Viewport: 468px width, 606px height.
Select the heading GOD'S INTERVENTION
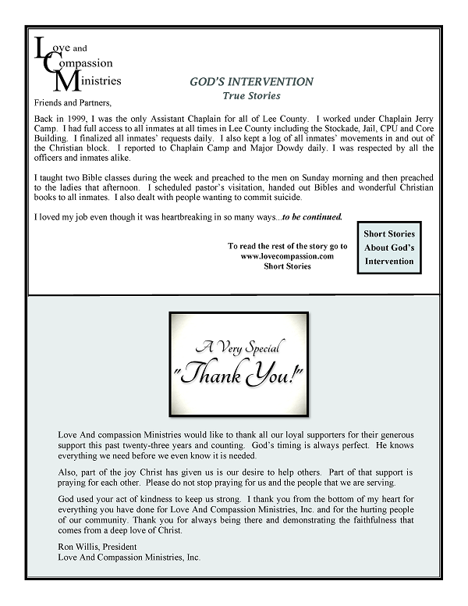251,81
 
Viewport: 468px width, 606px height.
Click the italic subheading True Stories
251,94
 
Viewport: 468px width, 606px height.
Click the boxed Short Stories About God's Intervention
389,248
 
